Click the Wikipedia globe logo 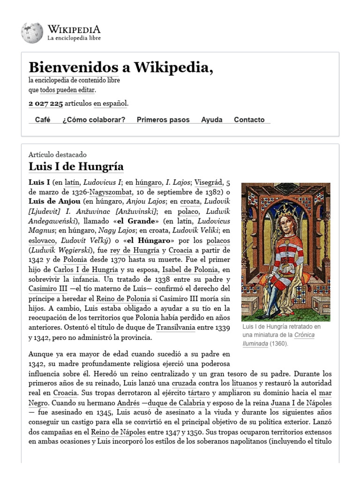click(x=32, y=33)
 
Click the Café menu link click(x=43, y=120)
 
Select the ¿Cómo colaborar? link click(x=94, y=120)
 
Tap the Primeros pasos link click(x=163, y=120)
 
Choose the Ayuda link click(x=212, y=120)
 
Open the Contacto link click(x=249, y=120)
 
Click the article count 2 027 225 click(x=46, y=103)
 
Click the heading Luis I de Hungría click(x=76, y=166)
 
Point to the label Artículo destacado click(x=58, y=155)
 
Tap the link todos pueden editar click(x=67, y=90)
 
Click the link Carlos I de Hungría click(x=86, y=270)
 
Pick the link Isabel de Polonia click(x=190, y=270)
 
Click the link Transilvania click(x=175, y=327)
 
